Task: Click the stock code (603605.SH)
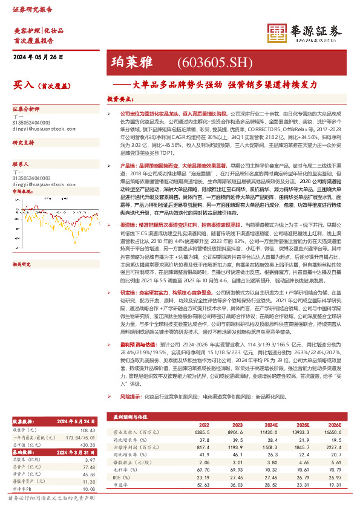(x=206, y=62)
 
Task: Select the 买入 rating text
(x=24, y=86)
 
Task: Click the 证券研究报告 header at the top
(x=29, y=9)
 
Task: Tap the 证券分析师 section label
(x=25, y=109)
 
